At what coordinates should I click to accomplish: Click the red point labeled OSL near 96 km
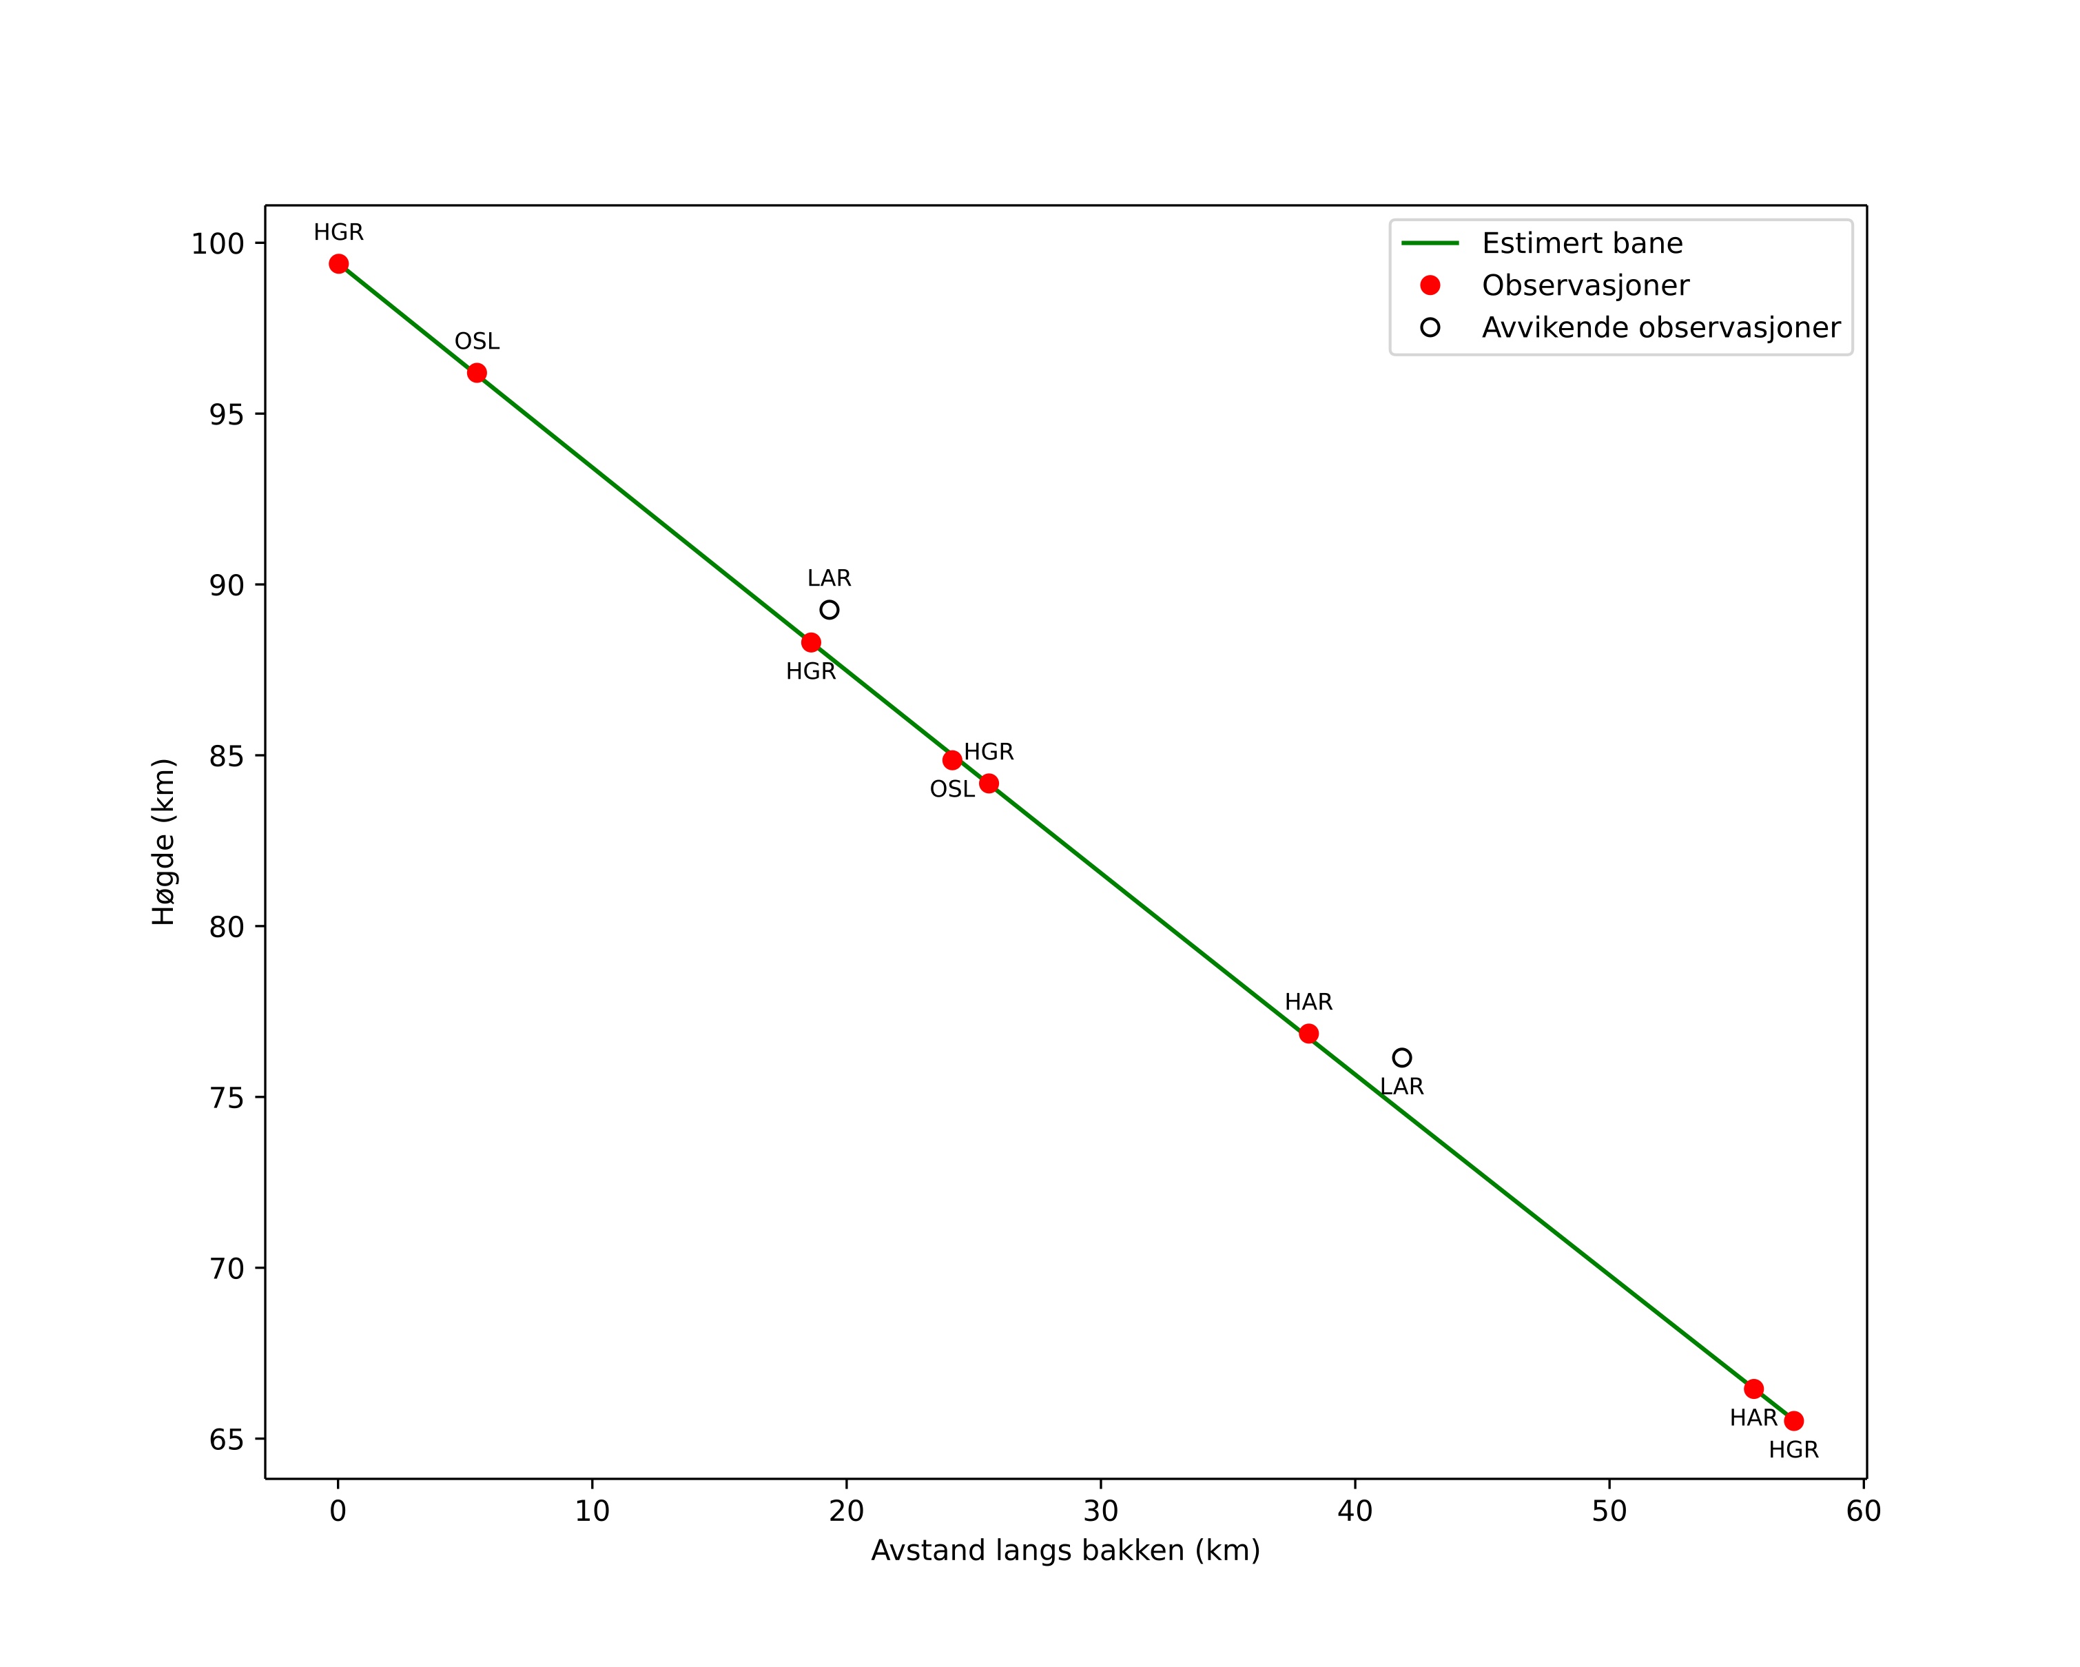coord(477,374)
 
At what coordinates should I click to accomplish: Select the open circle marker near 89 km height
coord(830,610)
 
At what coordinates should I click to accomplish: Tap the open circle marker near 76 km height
coord(1402,1059)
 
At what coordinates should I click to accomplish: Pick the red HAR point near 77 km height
coord(1308,1034)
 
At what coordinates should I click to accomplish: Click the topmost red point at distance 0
coord(338,265)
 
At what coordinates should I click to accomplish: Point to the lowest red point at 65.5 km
coord(1793,1421)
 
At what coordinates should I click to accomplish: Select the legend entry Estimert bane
coord(1582,243)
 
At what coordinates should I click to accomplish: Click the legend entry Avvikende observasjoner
coord(1660,328)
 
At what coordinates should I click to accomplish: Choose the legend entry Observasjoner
coord(1585,285)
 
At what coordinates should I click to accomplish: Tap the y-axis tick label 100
coord(217,244)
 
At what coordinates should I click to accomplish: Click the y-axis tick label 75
coord(227,1098)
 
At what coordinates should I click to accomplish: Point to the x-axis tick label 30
coord(1101,1512)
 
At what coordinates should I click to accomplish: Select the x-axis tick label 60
coord(1863,1512)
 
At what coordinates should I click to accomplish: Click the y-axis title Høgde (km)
coord(164,841)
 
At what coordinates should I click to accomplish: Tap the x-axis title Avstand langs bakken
coord(1065,1551)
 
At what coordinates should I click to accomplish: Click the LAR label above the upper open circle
coord(830,579)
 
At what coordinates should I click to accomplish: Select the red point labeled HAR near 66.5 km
coord(1753,1389)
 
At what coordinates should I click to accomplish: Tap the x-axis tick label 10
coord(593,1512)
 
